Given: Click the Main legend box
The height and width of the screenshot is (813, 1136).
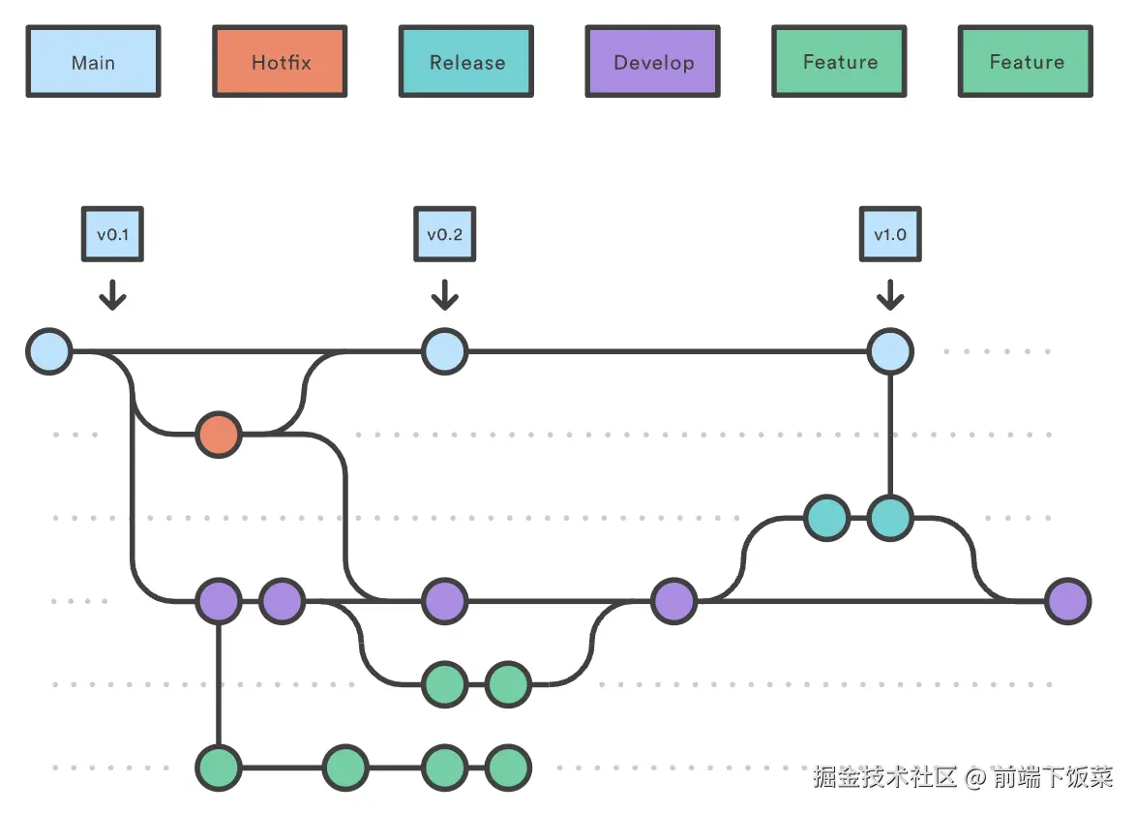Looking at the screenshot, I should click(x=93, y=62).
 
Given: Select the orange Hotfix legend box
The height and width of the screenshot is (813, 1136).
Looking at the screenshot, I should click(x=280, y=62).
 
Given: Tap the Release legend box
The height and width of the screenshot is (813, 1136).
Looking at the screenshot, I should click(x=466, y=62).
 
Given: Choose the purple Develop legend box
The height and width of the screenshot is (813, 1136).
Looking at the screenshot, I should click(x=653, y=62).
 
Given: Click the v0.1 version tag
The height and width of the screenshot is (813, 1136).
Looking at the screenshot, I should click(x=113, y=234).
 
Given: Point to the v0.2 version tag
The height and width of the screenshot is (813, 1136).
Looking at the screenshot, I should click(x=445, y=234).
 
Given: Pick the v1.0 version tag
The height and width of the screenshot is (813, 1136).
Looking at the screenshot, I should click(x=890, y=234).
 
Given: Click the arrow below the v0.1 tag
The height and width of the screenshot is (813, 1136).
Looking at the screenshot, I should click(x=113, y=294).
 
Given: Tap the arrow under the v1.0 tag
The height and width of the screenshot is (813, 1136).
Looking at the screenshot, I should click(x=890, y=294).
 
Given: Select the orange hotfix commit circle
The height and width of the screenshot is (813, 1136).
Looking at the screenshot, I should click(x=219, y=435).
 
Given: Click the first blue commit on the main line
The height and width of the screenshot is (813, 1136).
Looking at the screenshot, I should click(x=49, y=351).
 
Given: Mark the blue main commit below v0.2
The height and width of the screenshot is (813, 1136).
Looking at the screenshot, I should click(x=445, y=351).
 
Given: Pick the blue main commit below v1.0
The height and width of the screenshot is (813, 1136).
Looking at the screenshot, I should click(x=890, y=351).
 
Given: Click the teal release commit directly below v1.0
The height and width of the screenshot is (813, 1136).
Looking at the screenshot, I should click(x=890, y=518).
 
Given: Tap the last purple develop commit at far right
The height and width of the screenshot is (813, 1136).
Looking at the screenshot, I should click(x=1068, y=601).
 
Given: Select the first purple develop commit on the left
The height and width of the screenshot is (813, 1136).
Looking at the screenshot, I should click(x=219, y=601).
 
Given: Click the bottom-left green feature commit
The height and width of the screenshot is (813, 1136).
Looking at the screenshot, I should click(x=219, y=768).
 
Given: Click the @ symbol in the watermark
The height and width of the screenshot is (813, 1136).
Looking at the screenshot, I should click(x=975, y=777).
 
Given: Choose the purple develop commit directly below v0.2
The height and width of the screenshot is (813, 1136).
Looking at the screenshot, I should click(x=445, y=601).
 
